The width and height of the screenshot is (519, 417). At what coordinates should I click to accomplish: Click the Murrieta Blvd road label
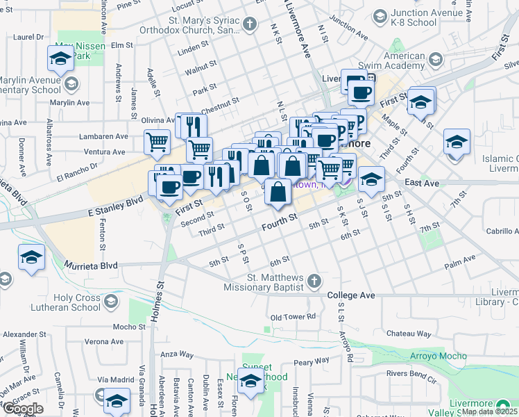click(x=91, y=265)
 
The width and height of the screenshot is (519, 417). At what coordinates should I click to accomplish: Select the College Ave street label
click(x=351, y=295)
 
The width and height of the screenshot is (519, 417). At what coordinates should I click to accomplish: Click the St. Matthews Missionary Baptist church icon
click(x=315, y=281)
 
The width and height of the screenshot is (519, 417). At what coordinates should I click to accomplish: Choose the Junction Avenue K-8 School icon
click(x=380, y=15)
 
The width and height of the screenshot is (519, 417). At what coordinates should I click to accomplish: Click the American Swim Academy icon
click(x=435, y=60)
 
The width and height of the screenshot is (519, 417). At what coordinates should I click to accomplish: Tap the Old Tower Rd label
click(x=293, y=317)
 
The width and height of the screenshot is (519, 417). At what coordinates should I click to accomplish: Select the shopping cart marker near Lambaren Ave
click(x=157, y=142)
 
